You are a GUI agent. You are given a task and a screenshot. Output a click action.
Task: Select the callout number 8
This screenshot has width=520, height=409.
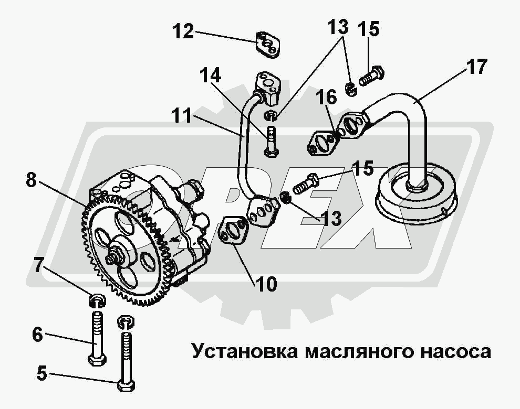tap(32, 181)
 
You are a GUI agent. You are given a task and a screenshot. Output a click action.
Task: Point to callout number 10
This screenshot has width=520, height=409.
tap(267, 284)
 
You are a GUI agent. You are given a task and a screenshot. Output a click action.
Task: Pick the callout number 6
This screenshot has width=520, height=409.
tap(37, 334)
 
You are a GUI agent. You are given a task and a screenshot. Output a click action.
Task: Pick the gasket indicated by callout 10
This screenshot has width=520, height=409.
tap(233, 231)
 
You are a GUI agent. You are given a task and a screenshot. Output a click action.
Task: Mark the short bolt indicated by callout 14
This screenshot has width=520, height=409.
tap(271, 141)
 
